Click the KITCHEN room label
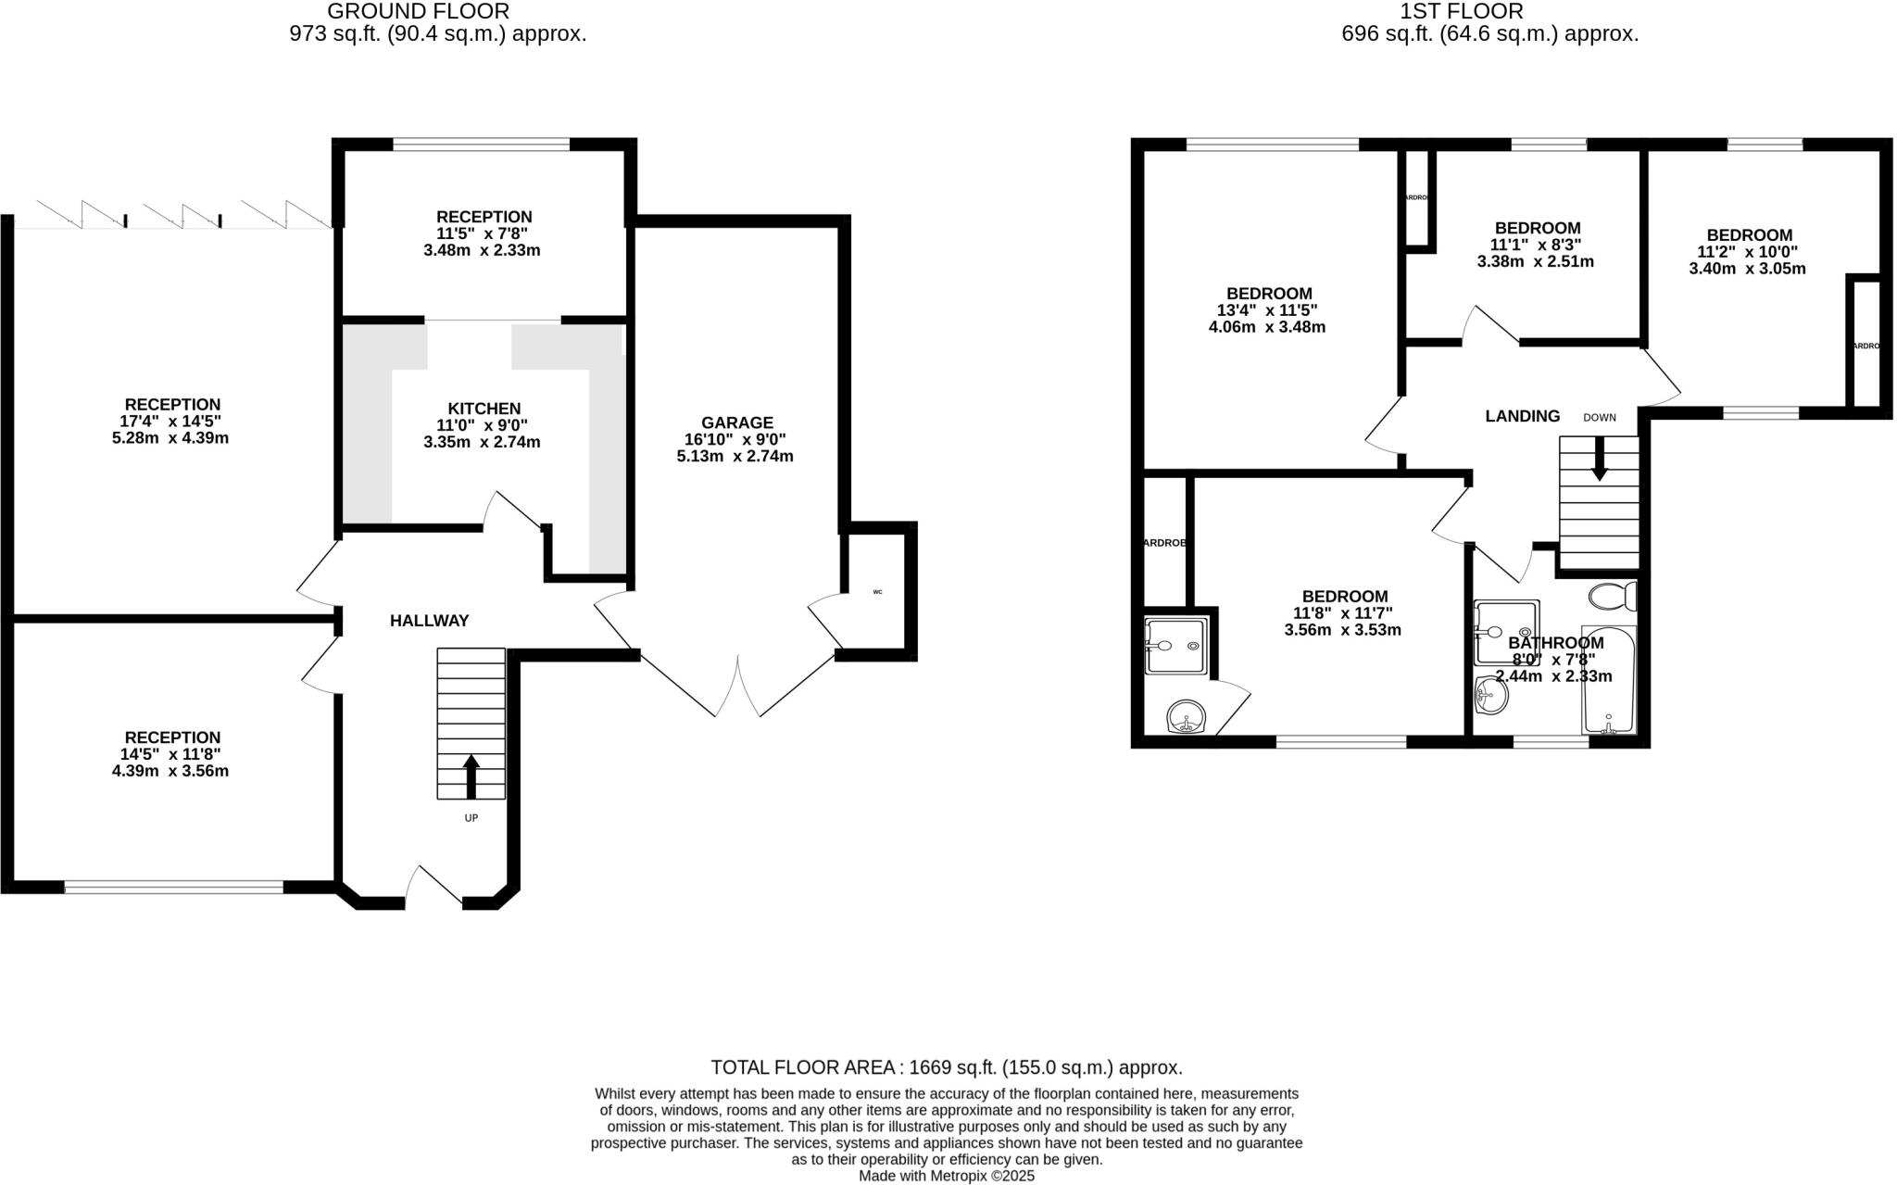click(x=484, y=409)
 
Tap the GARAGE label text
click(x=736, y=422)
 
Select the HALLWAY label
click(x=429, y=621)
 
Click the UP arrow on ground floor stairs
click(x=471, y=776)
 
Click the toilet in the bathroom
click(x=1613, y=596)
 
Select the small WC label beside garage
click(x=877, y=591)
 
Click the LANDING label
click(x=1522, y=416)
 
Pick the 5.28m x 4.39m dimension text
click(x=170, y=438)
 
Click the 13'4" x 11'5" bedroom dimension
click(x=1266, y=310)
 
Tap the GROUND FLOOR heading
click(x=418, y=11)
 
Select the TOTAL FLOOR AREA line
click(x=947, y=1066)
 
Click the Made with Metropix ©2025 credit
click(x=947, y=1176)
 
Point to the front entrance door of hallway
click(x=433, y=887)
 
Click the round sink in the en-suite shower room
click(x=1186, y=716)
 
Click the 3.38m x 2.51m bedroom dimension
click(x=1535, y=261)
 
